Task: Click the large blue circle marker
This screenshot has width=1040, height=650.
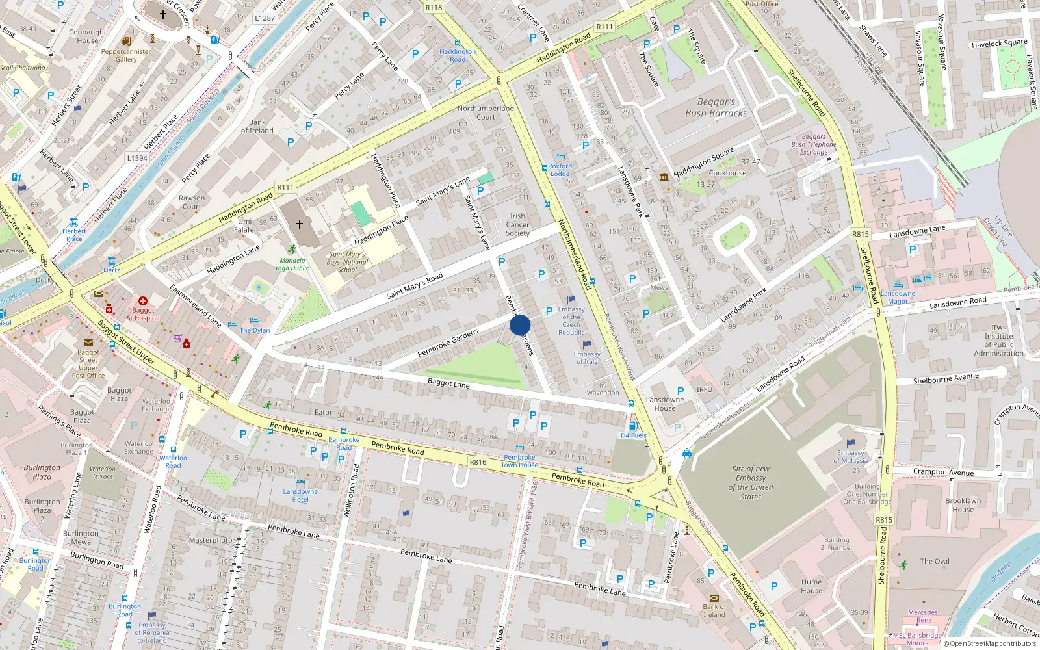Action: [x=520, y=325]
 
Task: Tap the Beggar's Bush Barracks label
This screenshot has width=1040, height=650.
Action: [x=716, y=108]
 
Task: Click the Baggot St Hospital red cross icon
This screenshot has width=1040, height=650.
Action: [x=143, y=301]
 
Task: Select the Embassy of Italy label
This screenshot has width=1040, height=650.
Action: [x=586, y=358]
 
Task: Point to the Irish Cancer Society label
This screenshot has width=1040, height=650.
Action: [x=517, y=225]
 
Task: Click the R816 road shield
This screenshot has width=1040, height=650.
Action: [x=478, y=462]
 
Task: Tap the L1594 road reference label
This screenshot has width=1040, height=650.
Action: [x=137, y=158]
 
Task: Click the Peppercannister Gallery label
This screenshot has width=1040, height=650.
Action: [x=126, y=55]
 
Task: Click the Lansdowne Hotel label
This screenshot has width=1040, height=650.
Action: [x=300, y=495]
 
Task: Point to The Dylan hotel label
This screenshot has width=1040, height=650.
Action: [x=255, y=330]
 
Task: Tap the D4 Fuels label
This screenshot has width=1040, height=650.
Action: [x=634, y=435]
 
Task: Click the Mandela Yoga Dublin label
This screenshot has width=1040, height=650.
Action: [x=292, y=264]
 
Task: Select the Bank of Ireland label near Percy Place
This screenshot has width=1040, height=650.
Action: [x=257, y=126]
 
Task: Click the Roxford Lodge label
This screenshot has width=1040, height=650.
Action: [x=560, y=170]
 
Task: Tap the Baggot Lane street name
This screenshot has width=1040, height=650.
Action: [x=448, y=383]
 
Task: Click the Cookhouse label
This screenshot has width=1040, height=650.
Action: [x=727, y=173]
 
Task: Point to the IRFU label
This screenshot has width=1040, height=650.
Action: [x=705, y=389]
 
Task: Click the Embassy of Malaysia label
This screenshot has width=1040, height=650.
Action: [x=850, y=457]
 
